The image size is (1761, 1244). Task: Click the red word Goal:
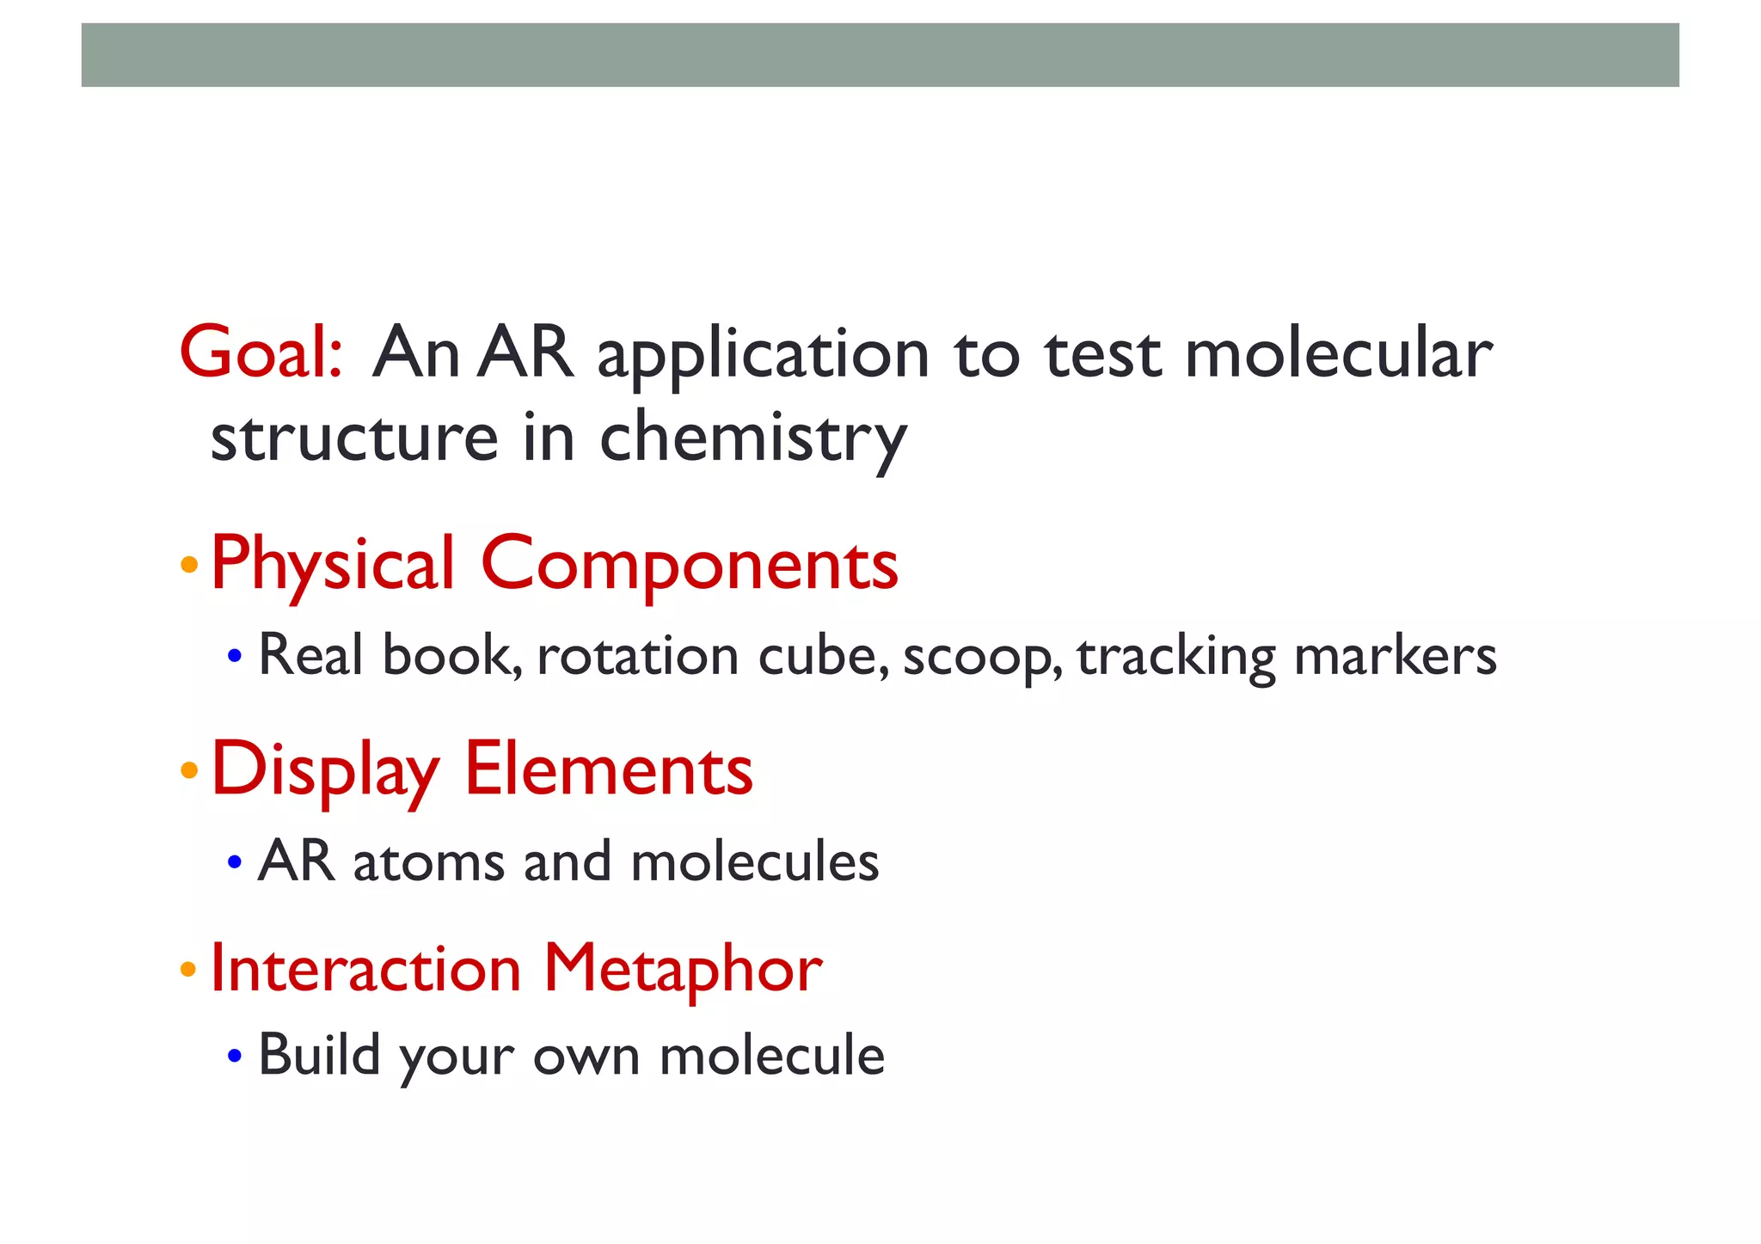coord(261,352)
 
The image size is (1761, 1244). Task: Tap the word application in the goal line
coord(764,354)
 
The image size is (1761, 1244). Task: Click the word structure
coord(354,437)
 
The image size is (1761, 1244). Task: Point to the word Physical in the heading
coord(332,566)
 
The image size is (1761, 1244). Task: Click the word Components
coord(689,566)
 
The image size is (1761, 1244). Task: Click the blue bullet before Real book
coord(235,657)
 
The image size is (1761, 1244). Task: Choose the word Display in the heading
coord(325,770)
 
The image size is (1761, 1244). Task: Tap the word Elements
coord(608,769)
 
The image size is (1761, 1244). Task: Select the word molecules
coord(755,861)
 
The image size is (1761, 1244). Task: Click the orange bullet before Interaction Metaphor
coord(189,970)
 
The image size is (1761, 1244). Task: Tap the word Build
coord(319,1054)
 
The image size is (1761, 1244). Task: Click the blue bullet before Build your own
coord(235,1055)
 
